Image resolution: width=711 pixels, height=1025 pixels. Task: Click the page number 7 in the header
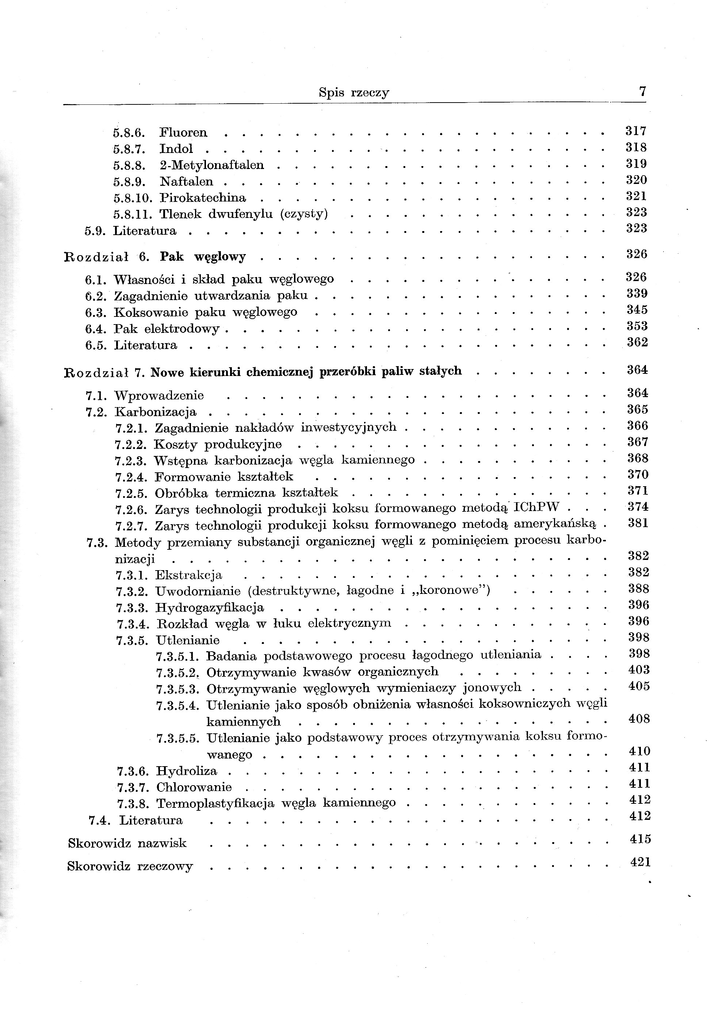[x=642, y=91]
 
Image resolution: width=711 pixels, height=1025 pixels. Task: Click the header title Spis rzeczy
[x=354, y=93]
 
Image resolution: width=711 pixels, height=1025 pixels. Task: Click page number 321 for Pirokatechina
[x=636, y=196]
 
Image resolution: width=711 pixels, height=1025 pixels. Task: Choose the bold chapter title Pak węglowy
[x=203, y=257]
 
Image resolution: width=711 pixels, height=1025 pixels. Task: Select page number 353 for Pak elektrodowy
[x=637, y=326]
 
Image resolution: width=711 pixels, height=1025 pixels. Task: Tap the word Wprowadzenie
[x=159, y=395]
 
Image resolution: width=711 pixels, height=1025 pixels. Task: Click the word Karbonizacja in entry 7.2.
[x=156, y=412]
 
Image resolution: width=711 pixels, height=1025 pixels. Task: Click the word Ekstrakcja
[x=188, y=575]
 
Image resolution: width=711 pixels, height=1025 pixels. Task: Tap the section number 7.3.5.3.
[x=177, y=689]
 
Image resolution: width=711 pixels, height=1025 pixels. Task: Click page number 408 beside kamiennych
[x=639, y=719]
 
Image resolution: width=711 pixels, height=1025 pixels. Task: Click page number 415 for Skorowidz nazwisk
[x=640, y=839]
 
